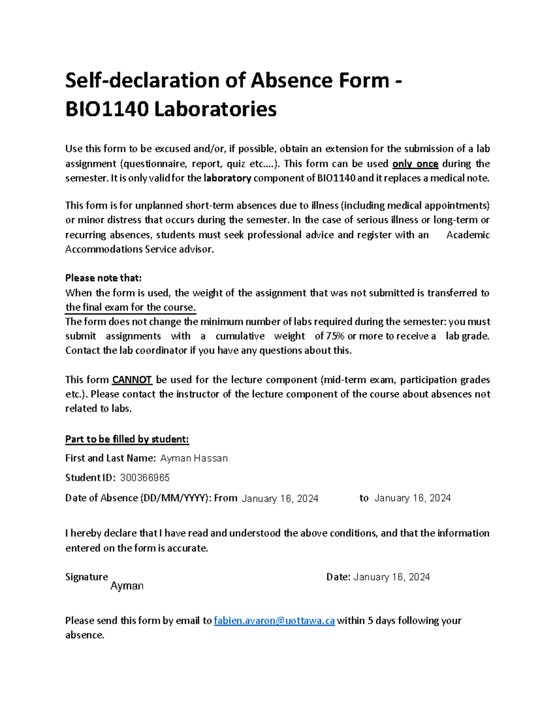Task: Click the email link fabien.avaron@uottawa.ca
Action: click(274, 620)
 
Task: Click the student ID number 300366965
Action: click(145, 478)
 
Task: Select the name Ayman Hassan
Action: click(194, 458)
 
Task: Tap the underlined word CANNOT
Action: click(132, 380)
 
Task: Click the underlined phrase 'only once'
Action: click(415, 164)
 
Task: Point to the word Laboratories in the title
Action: click(215, 110)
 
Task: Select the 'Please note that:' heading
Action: click(103, 278)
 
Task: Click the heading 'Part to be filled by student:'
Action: click(127, 439)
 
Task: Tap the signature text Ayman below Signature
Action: click(127, 586)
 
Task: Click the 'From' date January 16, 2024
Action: click(280, 498)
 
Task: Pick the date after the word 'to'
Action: click(412, 498)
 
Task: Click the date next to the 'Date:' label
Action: click(391, 577)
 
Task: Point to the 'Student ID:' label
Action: click(90, 478)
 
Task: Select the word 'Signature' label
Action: click(86, 577)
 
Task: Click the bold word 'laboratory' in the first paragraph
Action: click(227, 178)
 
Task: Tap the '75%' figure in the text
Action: click(335, 336)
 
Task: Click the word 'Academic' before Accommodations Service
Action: click(468, 235)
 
